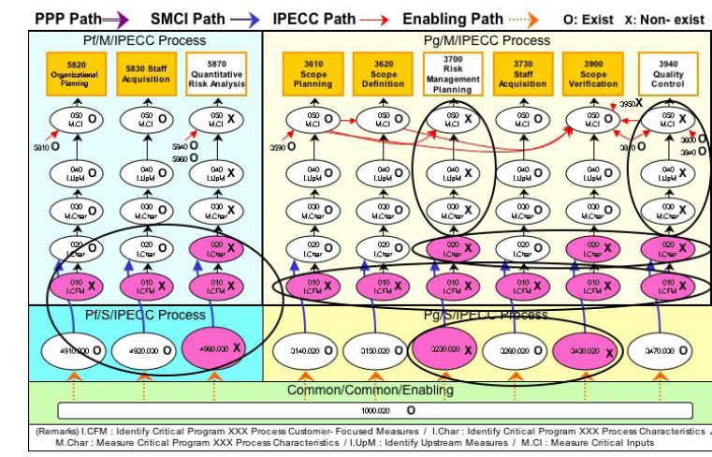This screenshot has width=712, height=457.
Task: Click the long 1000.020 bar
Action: point(374,410)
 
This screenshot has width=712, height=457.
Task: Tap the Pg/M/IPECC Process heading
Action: point(487,40)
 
